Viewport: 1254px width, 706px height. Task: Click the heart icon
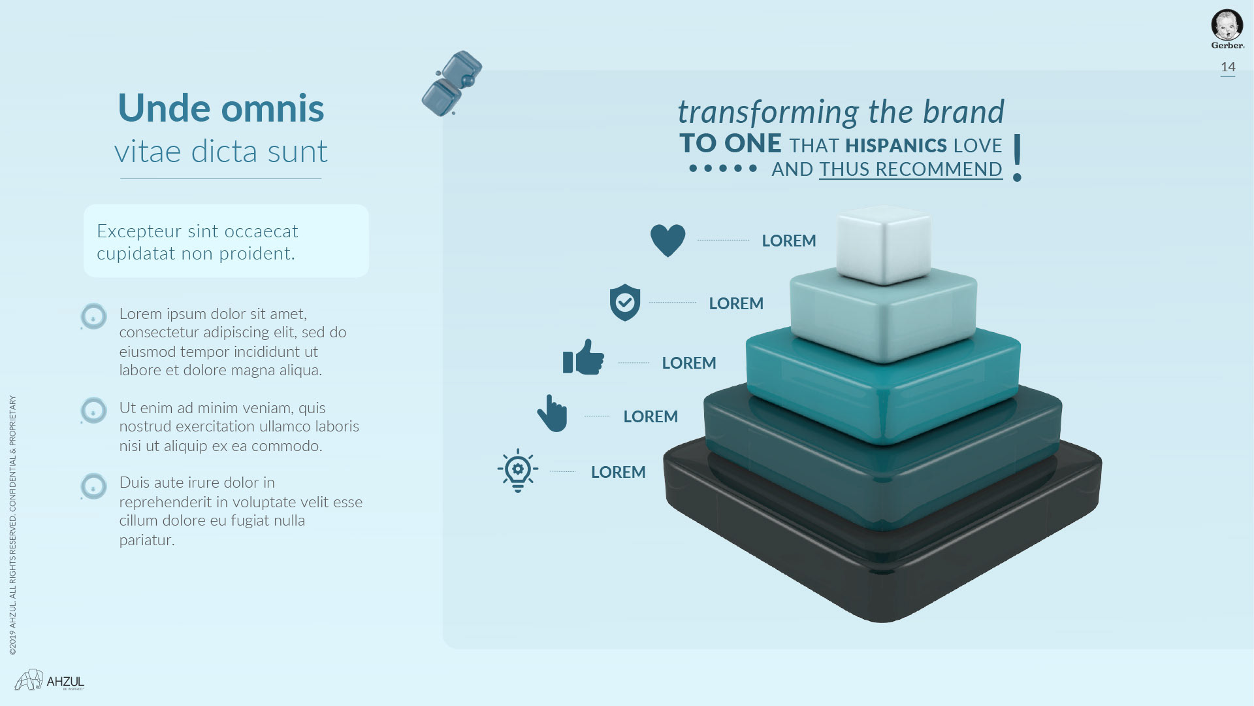(x=667, y=240)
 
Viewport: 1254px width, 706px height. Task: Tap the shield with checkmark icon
(x=625, y=303)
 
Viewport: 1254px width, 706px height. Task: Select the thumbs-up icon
(x=583, y=357)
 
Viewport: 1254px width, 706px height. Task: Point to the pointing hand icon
(x=552, y=413)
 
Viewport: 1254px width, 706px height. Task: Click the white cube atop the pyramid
(x=884, y=245)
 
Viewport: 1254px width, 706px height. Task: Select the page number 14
(x=1228, y=67)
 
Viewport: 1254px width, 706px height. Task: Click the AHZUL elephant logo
(x=50, y=680)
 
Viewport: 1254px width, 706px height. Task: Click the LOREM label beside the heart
(x=789, y=241)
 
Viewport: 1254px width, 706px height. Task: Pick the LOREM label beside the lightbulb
(x=619, y=472)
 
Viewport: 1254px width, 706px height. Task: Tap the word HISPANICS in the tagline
(x=896, y=145)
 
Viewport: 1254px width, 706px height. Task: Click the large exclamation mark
(x=1017, y=158)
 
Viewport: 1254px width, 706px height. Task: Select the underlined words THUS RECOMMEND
(x=910, y=169)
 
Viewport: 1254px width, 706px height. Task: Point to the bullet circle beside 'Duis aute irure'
(x=93, y=486)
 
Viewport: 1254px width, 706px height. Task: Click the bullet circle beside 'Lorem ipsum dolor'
(x=93, y=316)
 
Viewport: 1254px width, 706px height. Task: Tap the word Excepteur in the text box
(x=139, y=231)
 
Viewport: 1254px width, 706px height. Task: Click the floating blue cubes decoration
(x=452, y=84)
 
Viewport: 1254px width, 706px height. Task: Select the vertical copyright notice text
(x=13, y=525)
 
